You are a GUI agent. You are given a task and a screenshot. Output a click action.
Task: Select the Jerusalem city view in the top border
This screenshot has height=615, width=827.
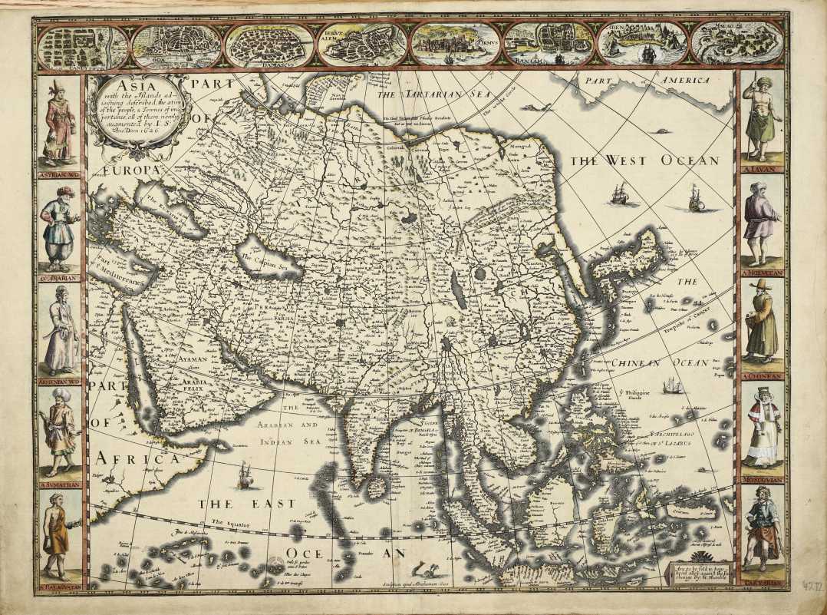[x=363, y=45]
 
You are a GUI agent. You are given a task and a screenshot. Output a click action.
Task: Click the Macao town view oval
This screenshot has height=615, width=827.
[x=736, y=44]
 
